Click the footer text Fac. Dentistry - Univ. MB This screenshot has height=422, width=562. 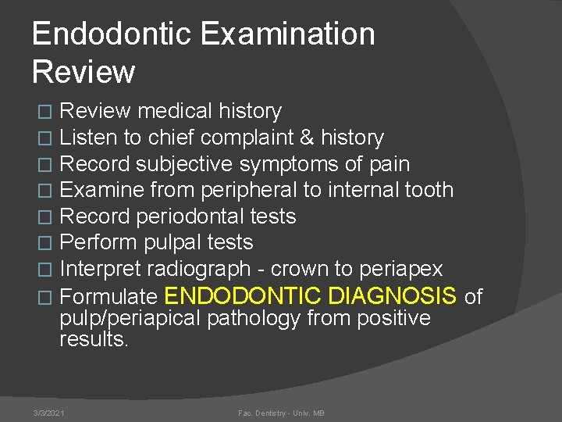[x=281, y=413]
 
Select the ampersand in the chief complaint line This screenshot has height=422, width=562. [x=306, y=138]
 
